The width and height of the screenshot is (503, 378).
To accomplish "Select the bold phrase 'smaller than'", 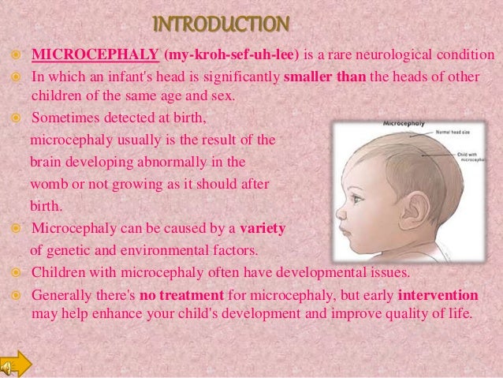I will pos(324,80).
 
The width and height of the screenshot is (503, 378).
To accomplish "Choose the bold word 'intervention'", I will pos(438,294).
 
